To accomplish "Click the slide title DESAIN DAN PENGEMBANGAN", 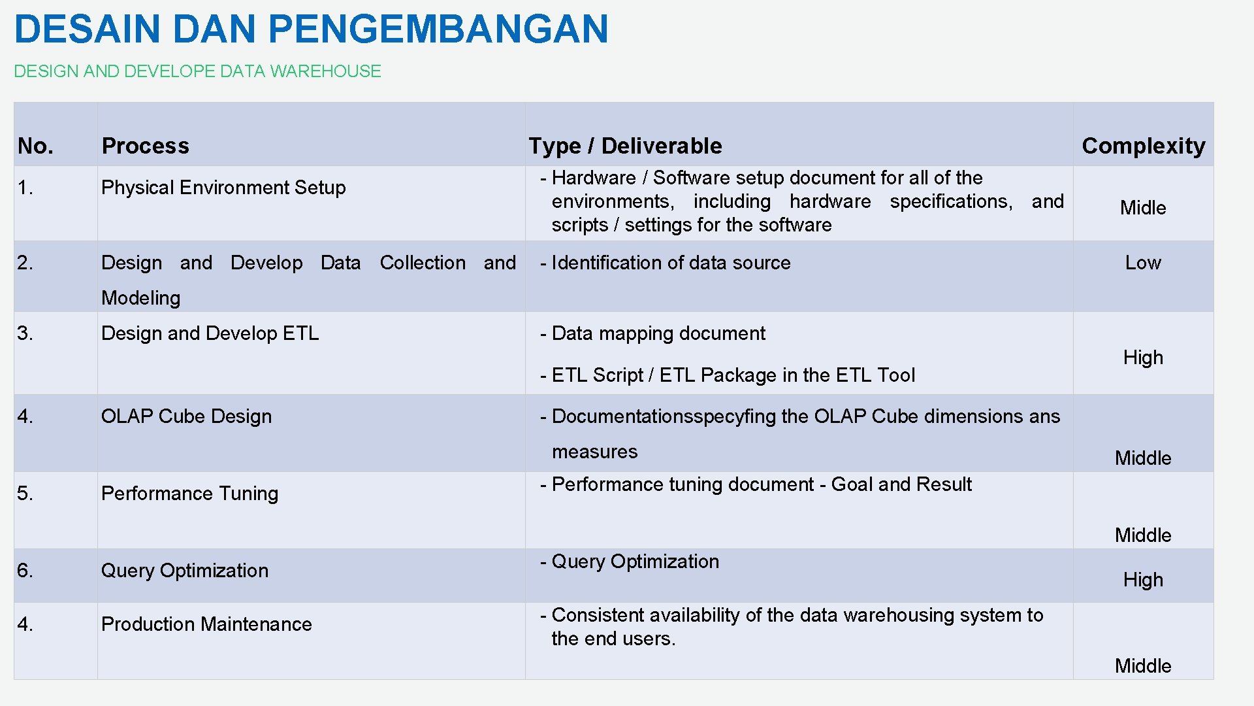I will click(x=311, y=29).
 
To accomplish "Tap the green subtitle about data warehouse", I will click(x=197, y=71).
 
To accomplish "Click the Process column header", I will click(x=145, y=146).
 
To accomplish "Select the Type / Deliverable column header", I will click(x=625, y=146).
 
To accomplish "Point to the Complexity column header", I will click(x=1143, y=146).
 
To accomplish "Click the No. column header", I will click(x=35, y=146).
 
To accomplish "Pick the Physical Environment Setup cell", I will click(x=223, y=188).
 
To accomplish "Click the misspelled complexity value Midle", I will click(x=1143, y=208).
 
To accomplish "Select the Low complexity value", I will click(x=1143, y=263).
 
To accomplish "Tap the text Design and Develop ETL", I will click(x=210, y=333).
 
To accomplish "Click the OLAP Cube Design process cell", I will click(x=186, y=416).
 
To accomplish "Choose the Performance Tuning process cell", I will click(x=189, y=494).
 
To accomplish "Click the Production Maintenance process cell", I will click(x=206, y=624).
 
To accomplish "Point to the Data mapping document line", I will click(x=658, y=333).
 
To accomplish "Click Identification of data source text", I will click(x=670, y=263).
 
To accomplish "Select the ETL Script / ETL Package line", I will click(x=732, y=375).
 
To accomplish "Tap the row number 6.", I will click(x=25, y=571).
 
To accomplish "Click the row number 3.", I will click(x=25, y=333).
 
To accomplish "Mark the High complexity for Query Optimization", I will click(x=1143, y=580).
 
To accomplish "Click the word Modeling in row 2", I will click(x=140, y=298).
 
